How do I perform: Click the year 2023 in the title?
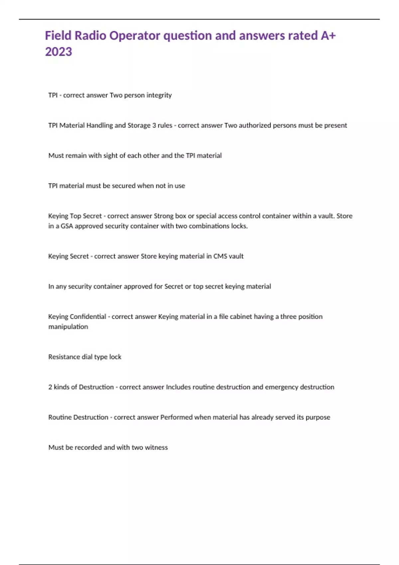coord(59,52)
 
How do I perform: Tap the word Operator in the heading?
coord(135,36)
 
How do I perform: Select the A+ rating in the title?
coord(328,36)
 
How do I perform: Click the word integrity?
coord(159,95)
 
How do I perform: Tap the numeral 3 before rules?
coord(154,125)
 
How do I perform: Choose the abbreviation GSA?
coord(66,226)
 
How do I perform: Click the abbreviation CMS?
coord(220,256)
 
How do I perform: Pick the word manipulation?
coord(68,327)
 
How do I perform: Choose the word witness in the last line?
coord(156,448)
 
